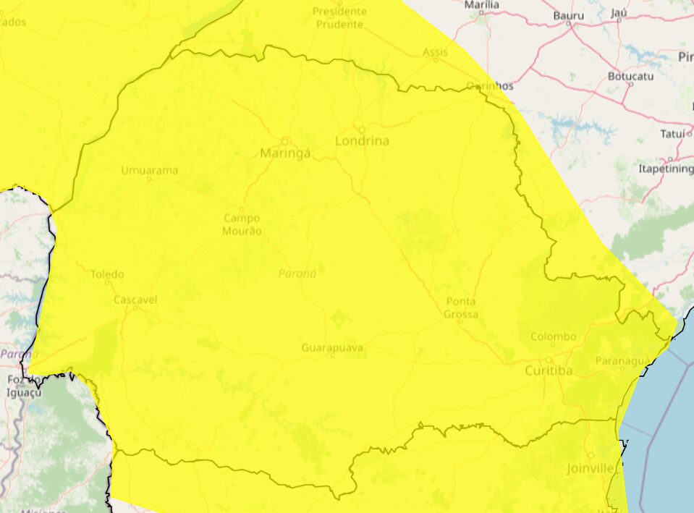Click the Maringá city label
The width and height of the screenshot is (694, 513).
285,153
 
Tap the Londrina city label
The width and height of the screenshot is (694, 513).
362,141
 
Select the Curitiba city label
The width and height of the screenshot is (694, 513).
549,370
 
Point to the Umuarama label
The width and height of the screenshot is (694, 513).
149,171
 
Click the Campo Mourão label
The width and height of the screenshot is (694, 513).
242,224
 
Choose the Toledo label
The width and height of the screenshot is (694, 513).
107,274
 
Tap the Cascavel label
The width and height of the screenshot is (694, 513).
135,300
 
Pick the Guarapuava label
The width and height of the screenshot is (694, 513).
332,348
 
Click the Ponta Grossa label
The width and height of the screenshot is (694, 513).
461,308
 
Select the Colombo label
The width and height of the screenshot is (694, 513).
554,336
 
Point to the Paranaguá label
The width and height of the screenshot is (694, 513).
619,360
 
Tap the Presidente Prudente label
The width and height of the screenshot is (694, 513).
339,18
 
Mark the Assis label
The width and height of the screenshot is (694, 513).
436,52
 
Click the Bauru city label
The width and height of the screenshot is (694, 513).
568,15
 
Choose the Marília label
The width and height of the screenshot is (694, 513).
482,4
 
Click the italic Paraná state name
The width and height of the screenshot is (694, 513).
297,274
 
